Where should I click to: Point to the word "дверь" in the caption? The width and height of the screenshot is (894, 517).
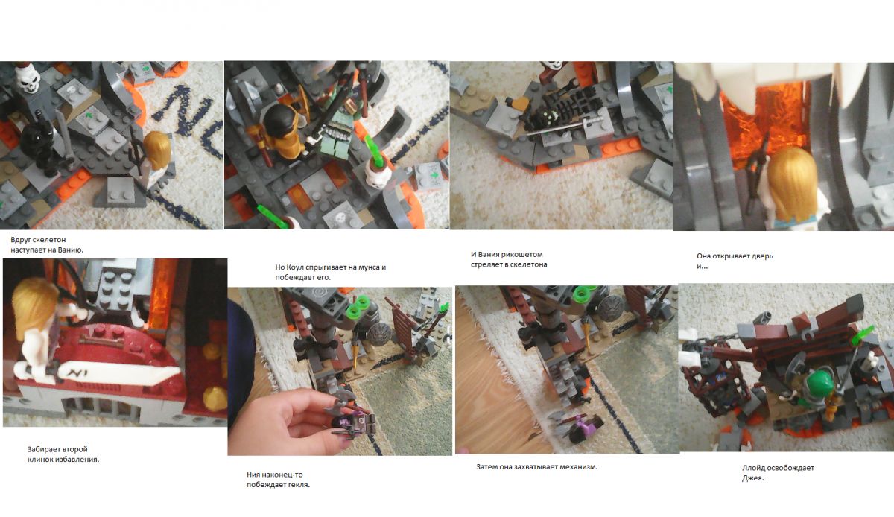click(x=763, y=256)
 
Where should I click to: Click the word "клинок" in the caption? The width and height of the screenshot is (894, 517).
click(x=39, y=460)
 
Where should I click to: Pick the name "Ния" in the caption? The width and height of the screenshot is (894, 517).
click(x=253, y=475)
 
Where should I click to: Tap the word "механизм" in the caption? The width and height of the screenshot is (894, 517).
click(x=578, y=466)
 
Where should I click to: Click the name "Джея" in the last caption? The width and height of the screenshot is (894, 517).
click(x=752, y=478)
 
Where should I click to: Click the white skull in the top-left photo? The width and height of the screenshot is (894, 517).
click(x=28, y=78)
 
